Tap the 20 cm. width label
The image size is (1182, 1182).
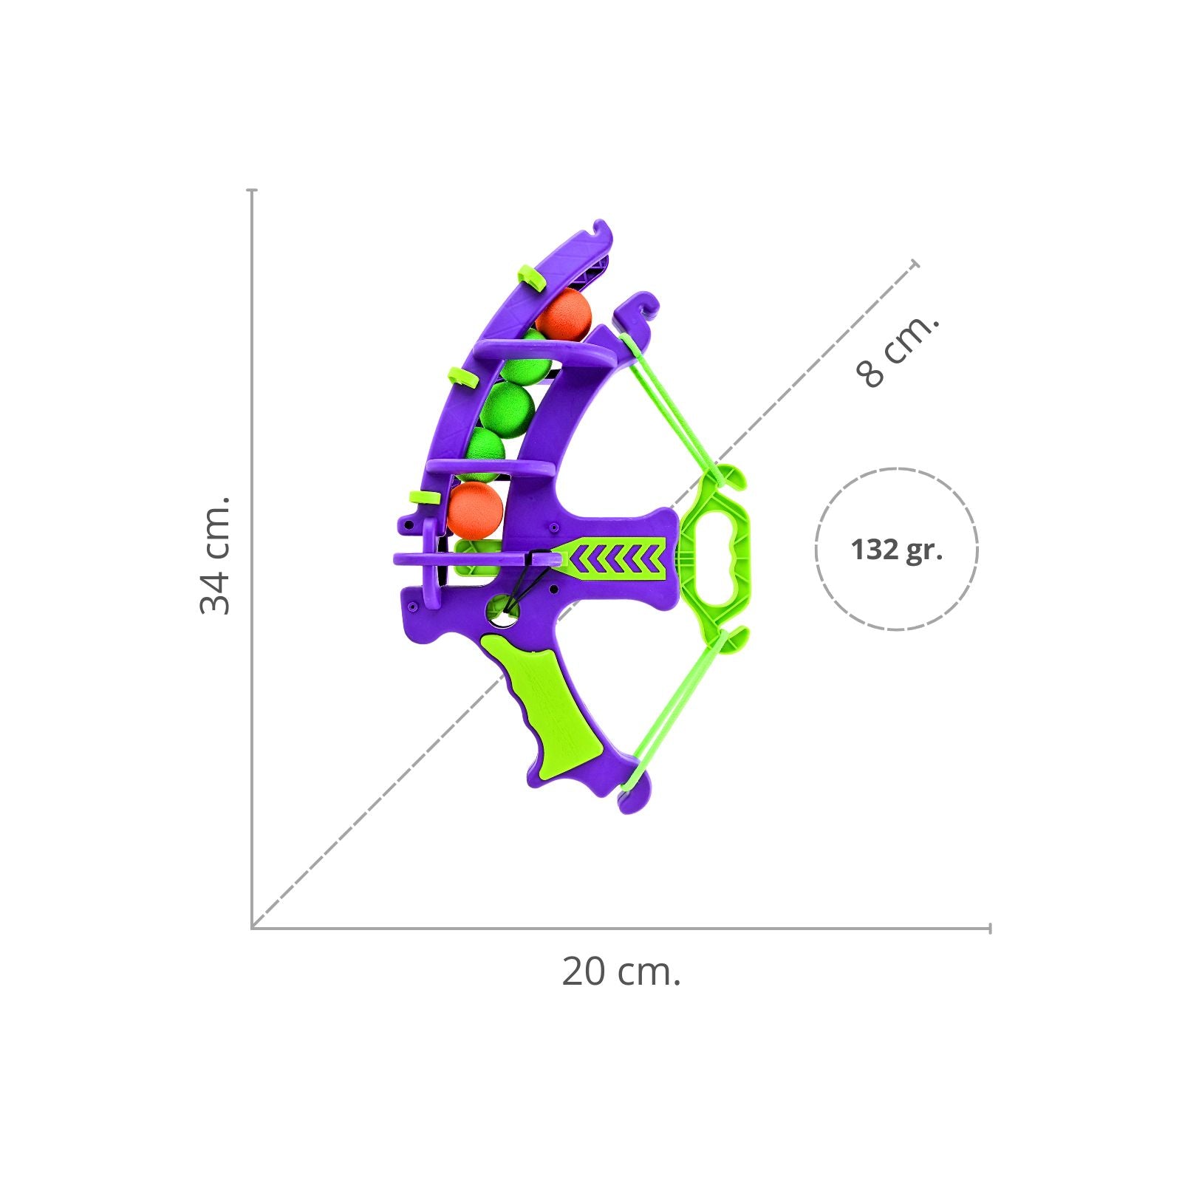(621, 971)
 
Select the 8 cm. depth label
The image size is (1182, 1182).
(898, 351)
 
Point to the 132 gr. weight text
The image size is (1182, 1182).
(897, 550)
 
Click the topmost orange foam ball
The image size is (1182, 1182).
(564, 315)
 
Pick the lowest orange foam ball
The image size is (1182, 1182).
(475, 509)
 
